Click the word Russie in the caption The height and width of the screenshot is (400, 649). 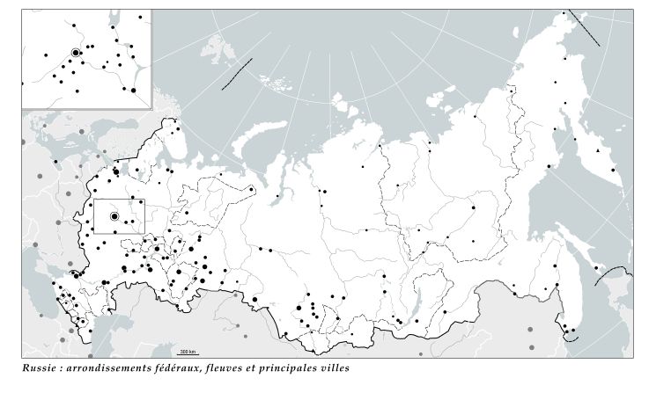[39, 368]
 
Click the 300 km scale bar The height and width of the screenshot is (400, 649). [188, 352]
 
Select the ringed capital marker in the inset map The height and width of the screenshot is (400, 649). [76, 53]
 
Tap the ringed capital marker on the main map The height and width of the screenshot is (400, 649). [114, 215]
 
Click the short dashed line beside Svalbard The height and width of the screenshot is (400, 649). [237, 74]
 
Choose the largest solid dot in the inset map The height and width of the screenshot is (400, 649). [132, 89]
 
